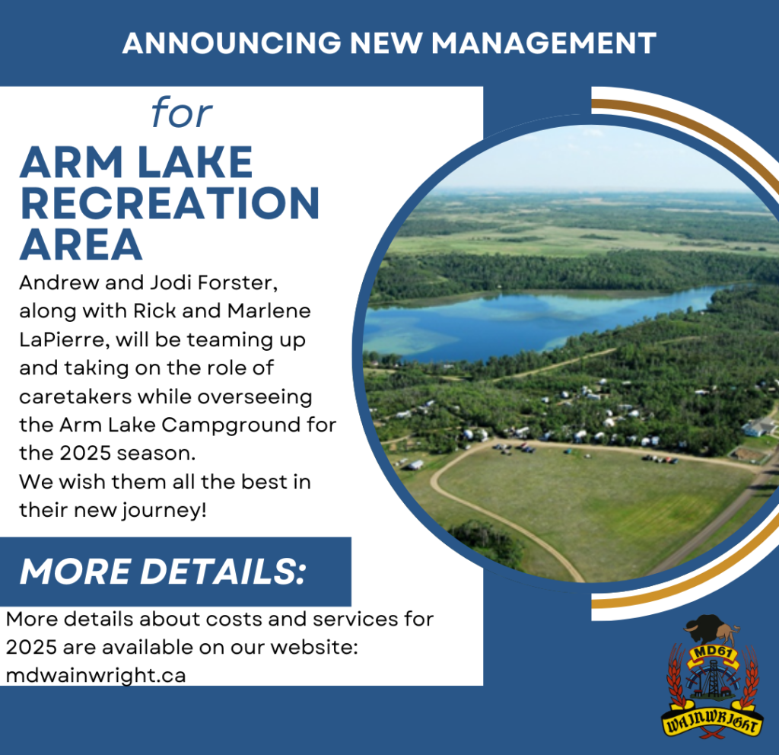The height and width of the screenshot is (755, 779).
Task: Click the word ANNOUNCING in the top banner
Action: click(x=231, y=43)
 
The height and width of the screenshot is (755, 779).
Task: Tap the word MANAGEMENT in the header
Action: click(x=544, y=43)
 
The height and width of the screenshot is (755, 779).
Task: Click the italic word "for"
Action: click(x=182, y=113)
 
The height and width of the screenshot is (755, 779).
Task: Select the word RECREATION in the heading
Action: click(x=170, y=203)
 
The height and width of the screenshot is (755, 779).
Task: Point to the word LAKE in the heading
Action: click(x=196, y=162)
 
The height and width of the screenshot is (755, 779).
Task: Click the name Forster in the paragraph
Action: click(x=237, y=283)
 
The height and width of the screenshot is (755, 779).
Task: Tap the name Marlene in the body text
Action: click(x=269, y=311)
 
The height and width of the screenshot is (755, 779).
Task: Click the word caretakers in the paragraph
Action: click(x=75, y=397)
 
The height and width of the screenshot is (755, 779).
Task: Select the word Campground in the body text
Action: click(x=231, y=425)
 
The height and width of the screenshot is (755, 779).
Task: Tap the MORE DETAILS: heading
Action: click(x=163, y=571)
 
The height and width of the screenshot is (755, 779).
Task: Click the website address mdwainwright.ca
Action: click(x=96, y=676)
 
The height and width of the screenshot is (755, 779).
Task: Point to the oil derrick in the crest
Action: click(x=712, y=679)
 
